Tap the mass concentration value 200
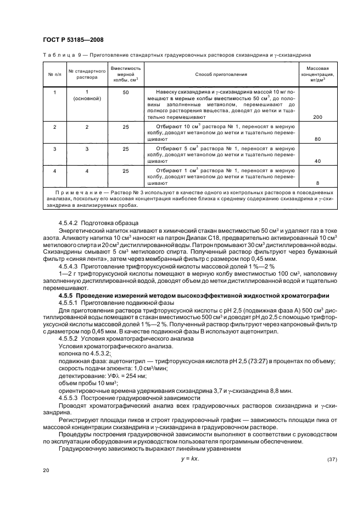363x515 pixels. (317, 117)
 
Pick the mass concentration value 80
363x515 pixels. (317, 140)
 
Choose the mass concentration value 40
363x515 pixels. (317, 162)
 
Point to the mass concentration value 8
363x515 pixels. (317, 184)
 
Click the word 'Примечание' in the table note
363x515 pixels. (80, 193)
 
